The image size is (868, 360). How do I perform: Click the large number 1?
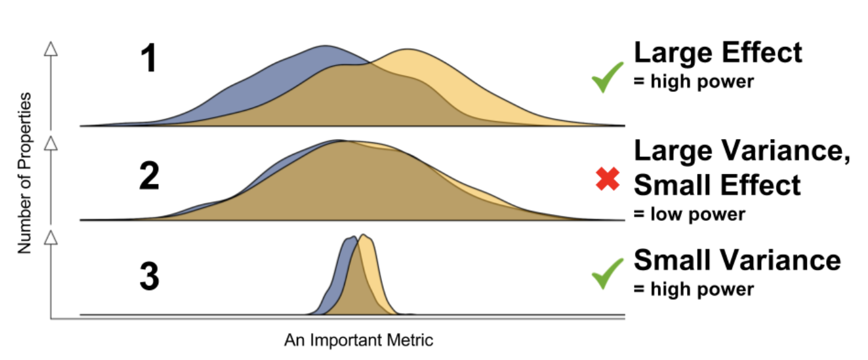click(x=148, y=61)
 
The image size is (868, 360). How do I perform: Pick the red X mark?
click(x=607, y=179)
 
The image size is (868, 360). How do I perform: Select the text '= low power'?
click(x=689, y=214)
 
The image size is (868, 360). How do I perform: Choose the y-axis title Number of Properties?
click(x=24, y=173)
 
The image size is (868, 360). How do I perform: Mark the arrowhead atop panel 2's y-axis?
click(x=51, y=144)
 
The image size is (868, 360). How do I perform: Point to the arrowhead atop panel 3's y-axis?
click(x=51, y=236)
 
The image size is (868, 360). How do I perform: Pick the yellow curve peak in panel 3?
click(x=365, y=236)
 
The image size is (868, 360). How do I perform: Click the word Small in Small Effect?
click(x=672, y=184)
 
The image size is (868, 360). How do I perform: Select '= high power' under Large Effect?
click(x=693, y=81)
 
